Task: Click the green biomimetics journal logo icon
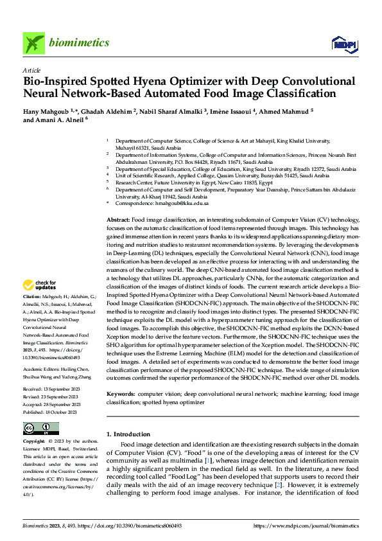pos(34,43)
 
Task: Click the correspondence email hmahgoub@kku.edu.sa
pos(180,203)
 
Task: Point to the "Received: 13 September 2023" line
pos(51,390)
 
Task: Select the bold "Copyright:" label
pos(35,443)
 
